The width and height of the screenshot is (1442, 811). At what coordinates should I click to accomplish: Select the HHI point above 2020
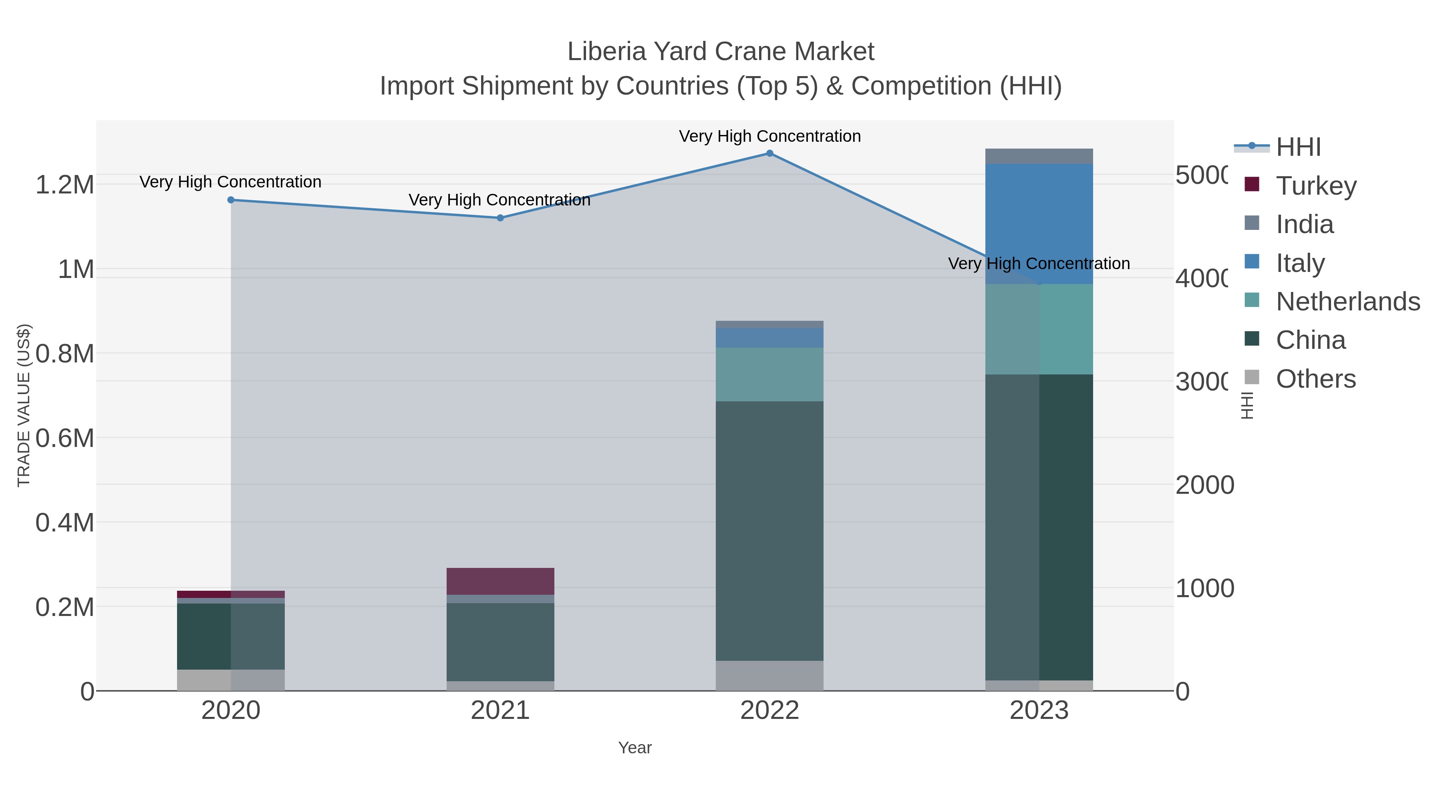click(x=231, y=200)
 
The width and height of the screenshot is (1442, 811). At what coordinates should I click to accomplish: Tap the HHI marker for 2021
click(x=500, y=218)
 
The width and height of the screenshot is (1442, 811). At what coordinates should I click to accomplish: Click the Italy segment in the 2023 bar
click(x=1039, y=224)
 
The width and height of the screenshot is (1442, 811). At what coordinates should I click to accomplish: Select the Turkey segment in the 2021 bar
click(x=500, y=581)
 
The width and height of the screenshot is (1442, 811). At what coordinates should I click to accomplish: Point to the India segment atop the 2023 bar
click(x=1039, y=156)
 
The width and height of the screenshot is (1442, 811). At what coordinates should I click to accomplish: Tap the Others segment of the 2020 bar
click(x=231, y=680)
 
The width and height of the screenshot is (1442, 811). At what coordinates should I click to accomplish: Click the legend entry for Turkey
click(x=1315, y=185)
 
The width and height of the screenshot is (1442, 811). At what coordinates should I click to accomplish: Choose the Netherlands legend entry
click(x=1347, y=302)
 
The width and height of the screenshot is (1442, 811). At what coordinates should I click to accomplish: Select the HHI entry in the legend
click(x=1298, y=147)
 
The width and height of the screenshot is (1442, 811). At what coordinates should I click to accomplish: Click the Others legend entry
click(x=1315, y=379)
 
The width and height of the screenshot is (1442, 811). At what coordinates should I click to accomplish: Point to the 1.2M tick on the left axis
click(x=64, y=185)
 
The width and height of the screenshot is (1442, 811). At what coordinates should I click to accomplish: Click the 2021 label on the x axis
click(x=500, y=711)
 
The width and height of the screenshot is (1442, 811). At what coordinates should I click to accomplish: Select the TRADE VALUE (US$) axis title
click(x=24, y=405)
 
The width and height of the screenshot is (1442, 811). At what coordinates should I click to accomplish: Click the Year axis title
click(x=635, y=748)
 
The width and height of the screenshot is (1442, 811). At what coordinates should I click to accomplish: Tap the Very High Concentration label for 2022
click(x=770, y=136)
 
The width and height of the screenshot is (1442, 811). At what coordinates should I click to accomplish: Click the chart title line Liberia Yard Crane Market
click(x=721, y=52)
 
